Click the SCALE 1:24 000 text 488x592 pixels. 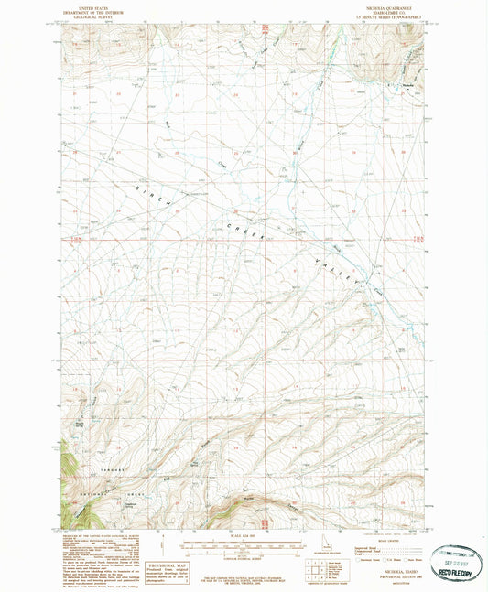point(244,535)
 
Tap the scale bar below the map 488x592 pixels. point(244,546)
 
